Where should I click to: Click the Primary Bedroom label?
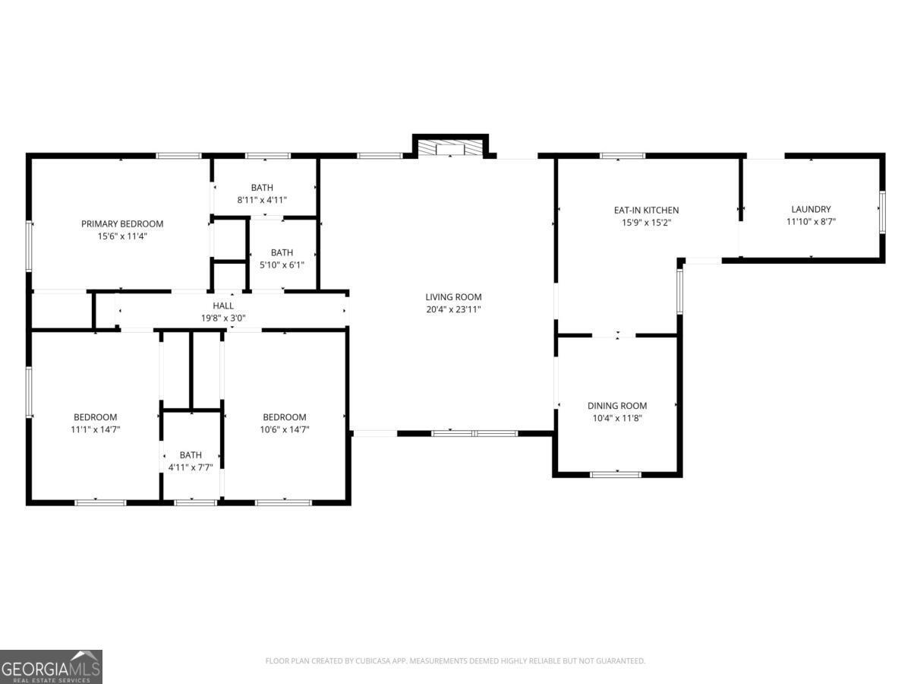point(122,223)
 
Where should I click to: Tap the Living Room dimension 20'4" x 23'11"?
point(453,309)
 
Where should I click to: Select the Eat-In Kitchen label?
point(646,210)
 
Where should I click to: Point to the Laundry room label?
point(811,209)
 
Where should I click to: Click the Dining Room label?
point(617,406)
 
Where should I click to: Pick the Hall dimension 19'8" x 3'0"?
point(223,318)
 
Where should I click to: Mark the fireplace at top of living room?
point(451,148)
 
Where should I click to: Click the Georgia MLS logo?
point(51,667)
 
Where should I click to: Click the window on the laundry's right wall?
point(882,211)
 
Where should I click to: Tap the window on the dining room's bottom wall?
point(616,474)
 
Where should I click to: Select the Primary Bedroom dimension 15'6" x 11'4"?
point(122,236)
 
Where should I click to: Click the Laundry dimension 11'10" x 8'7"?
point(811,222)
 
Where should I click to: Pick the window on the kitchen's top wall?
point(623,156)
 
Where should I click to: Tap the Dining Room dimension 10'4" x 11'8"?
point(617,418)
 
